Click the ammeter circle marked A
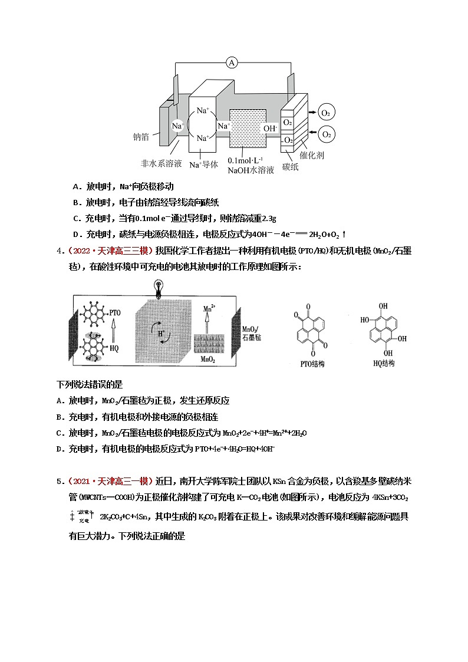pos(232,62)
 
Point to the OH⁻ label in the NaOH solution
pos(270,128)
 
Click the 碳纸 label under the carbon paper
pos(290,167)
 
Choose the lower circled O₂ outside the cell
pos(326,135)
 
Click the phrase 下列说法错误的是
pos(89,384)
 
